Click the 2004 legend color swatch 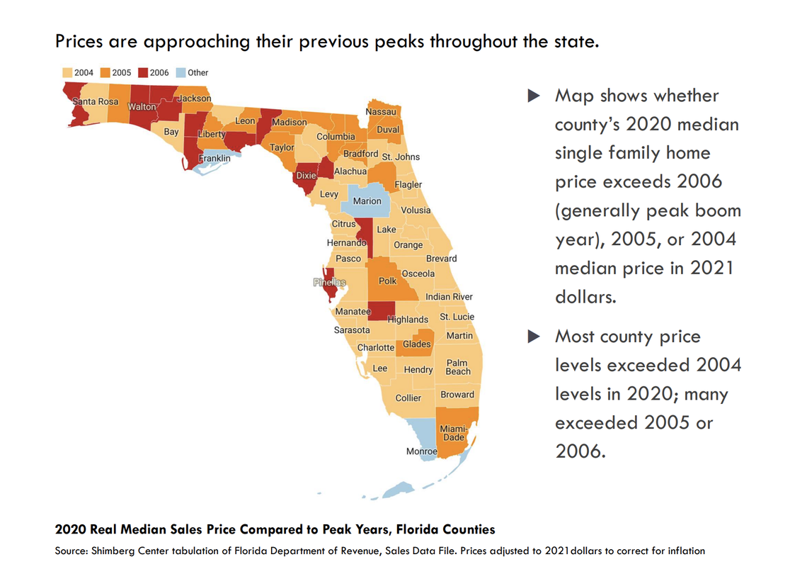[x=67, y=72]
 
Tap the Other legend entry [x=192, y=72]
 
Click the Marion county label [x=367, y=201]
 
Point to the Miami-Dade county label [x=453, y=433]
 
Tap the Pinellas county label [x=330, y=282]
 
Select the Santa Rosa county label [x=96, y=101]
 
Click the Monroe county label [x=421, y=451]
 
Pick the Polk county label [x=388, y=281]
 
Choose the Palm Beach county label [x=458, y=367]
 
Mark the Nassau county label [x=381, y=112]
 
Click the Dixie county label [x=306, y=175]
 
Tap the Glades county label [x=417, y=344]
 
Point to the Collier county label [x=408, y=398]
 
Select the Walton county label [x=142, y=107]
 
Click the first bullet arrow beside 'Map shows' [x=534, y=96]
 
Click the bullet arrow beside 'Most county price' [x=534, y=337]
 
